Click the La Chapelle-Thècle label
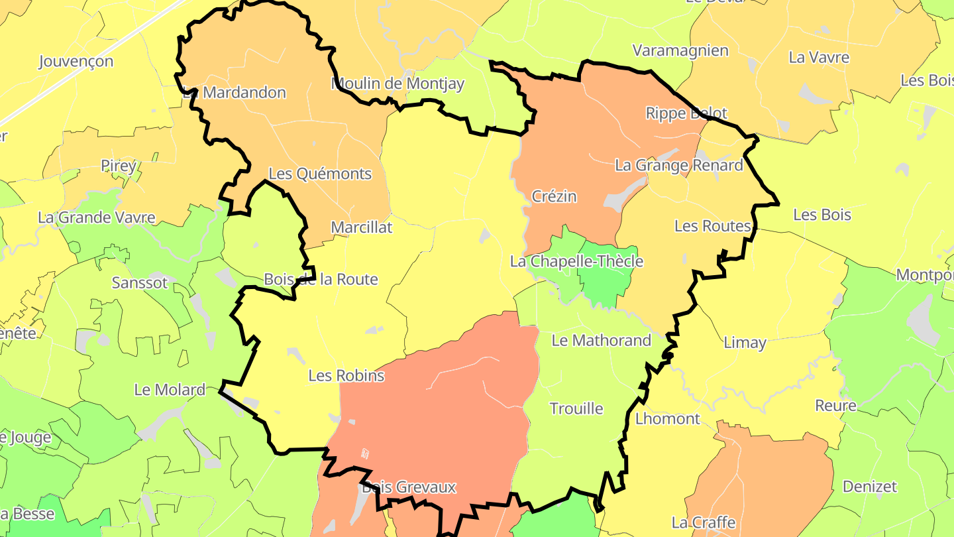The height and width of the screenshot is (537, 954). click(x=576, y=261)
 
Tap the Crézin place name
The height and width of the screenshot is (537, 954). click(x=555, y=196)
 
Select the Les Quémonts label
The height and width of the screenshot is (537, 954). click(x=320, y=174)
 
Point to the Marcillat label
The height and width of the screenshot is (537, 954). click(x=362, y=227)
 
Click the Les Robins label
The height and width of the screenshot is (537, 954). click(x=346, y=376)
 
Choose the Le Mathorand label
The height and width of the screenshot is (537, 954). click(x=602, y=341)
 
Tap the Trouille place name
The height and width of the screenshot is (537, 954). click(x=576, y=409)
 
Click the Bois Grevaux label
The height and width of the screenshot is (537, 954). click(x=409, y=487)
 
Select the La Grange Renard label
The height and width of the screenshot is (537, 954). click(x=679, y=165)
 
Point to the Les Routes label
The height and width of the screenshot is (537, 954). click(x=712, y=226)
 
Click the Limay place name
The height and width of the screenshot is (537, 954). click(x=745, y=343)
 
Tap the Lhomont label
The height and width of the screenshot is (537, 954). click(x=667, y=419)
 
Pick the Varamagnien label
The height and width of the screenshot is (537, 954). click(x=680, y=50)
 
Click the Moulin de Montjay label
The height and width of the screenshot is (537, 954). click(x=397, y=84)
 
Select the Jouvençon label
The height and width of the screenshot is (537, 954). click(x=76, y=62)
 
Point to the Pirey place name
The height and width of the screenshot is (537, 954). click(x=118, y=165)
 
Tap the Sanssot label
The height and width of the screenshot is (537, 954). click(x=140, y=283)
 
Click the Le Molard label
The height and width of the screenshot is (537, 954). click(x=170, y=390)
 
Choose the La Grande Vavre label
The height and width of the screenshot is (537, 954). click(x=97, y=217)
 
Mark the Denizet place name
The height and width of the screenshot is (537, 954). click(x=869, y=487)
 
